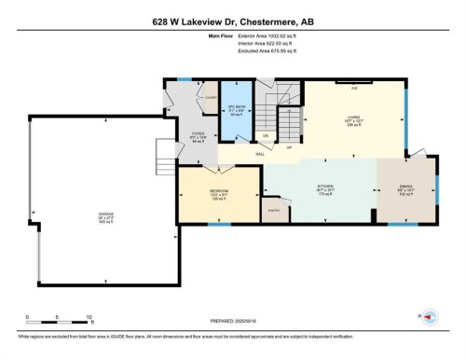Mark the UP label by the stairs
[290, 146]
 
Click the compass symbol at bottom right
[430, 317]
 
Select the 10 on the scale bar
[89, 316]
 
